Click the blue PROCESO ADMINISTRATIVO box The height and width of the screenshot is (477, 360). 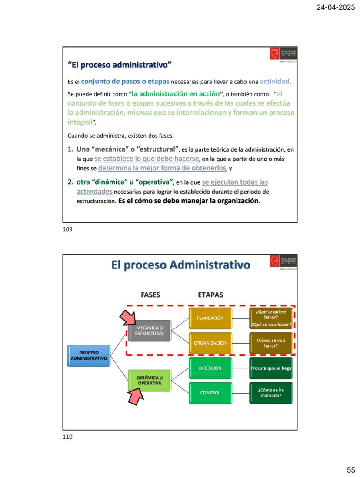(89, 355)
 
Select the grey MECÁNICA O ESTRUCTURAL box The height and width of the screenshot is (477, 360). (149, 331)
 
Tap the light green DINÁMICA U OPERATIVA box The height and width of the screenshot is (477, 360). (149, 381)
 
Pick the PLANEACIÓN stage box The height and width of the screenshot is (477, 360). (210, 318)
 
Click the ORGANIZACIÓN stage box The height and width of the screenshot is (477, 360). (210, 343)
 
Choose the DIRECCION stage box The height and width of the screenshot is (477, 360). (210, 368)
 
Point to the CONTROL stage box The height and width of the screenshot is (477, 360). (210, 393)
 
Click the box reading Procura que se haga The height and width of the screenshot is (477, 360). (271, 368)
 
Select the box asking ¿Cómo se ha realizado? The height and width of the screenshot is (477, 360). (271, 393)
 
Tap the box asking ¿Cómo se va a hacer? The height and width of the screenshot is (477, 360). (271, 343)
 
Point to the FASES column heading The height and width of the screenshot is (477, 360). (150, 295)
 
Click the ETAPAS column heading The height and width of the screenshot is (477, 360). (210, 295)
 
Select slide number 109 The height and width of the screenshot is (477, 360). (67, 230)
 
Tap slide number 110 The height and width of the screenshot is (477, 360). (67, 437)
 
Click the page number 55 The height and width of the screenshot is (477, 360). (351, 470)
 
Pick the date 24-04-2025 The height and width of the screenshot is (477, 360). (337, 7)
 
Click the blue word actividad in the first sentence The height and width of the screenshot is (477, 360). (275, 81)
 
